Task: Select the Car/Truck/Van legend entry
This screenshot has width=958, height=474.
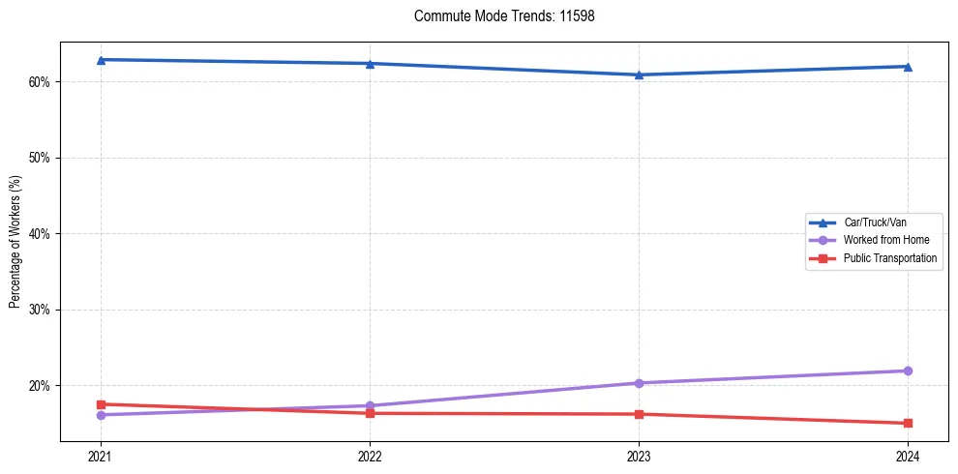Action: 874,222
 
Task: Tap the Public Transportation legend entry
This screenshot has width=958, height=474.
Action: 889,258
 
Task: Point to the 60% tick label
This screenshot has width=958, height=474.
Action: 40,82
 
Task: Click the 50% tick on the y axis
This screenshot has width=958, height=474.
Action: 40,158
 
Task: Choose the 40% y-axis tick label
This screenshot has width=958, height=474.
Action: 40,234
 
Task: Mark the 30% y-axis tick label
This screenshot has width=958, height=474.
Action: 40,310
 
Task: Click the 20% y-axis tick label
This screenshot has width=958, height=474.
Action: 40,386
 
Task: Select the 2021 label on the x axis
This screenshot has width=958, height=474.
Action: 101,455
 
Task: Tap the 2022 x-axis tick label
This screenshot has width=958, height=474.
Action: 370,455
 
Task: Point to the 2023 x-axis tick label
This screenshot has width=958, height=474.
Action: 639,455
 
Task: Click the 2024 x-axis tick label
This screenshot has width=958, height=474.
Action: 908,455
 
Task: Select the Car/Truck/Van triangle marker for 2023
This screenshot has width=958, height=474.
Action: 639,74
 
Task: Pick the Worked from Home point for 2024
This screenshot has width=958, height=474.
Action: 908,370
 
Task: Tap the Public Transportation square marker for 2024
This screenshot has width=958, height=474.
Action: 908,423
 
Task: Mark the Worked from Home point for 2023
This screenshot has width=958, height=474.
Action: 639,383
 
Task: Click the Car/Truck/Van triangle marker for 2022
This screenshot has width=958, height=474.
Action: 370,64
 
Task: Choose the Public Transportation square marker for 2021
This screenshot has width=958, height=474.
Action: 101,404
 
